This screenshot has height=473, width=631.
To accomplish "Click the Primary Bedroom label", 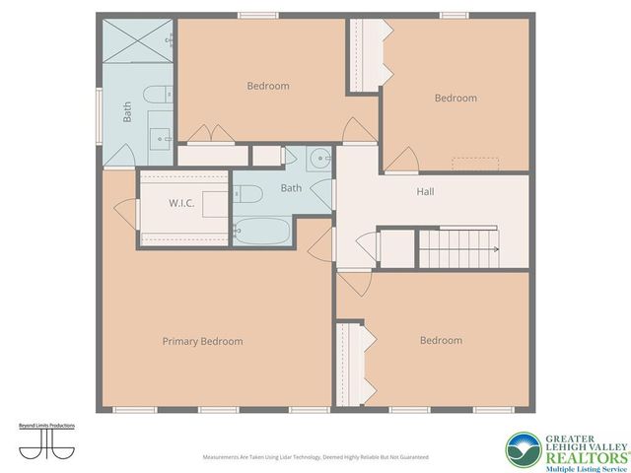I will (202, 341).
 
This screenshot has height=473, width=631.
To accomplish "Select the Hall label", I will (425, 191).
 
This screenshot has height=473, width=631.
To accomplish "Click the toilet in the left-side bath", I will (156, 96).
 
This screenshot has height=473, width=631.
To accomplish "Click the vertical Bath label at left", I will (127, 112).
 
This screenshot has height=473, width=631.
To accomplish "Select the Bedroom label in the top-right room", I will (456, 98).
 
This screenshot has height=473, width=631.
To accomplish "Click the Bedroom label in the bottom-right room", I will (441, 340).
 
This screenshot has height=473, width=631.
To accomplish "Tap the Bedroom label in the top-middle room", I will (267, 86).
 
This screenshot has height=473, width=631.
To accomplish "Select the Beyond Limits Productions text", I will (47, 426).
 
